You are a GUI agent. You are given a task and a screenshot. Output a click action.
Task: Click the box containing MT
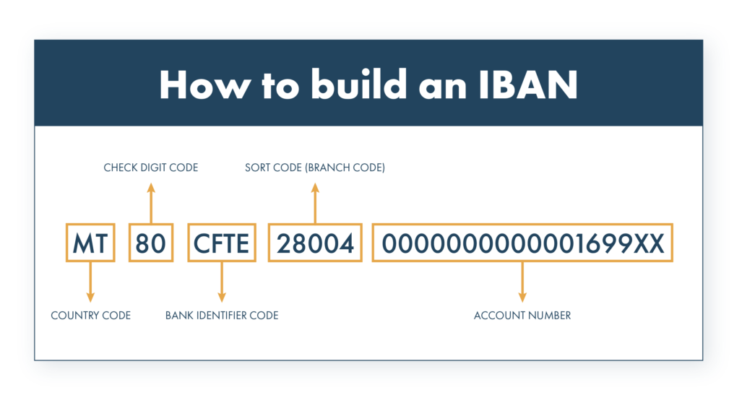(x=90, y=243)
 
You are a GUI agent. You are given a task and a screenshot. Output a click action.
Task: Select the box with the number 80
(x=151, y=243)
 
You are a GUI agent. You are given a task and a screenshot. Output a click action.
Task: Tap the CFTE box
(x=221, y=243)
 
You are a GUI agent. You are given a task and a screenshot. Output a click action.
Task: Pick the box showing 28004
(x=315, y=243)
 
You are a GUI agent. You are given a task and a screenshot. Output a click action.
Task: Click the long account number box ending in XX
(x=522, y=243)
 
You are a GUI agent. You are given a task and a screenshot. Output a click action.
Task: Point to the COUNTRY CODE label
(x=90, y=316)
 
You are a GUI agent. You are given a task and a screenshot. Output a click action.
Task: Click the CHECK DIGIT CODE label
(x=150, y=168)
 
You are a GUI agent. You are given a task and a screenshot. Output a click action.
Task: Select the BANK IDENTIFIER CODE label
(x=221, y=316)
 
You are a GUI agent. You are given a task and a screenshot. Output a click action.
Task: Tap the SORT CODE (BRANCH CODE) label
(x=315, y=168)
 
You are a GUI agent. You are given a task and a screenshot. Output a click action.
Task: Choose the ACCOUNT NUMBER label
(x=522, y=316)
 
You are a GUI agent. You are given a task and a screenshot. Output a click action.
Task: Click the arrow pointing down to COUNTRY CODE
(x=90, y=282)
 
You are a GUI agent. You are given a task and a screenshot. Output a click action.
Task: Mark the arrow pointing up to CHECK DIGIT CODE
(x=151, y=203)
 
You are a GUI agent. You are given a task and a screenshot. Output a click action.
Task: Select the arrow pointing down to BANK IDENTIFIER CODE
(x=222, y=282)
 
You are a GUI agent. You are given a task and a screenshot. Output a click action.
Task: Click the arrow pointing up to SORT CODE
(x=315, y=203)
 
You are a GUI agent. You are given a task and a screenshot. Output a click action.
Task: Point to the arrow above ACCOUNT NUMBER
(x=522, y=282)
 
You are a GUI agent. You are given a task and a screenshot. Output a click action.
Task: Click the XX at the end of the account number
(x=648, y=243)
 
